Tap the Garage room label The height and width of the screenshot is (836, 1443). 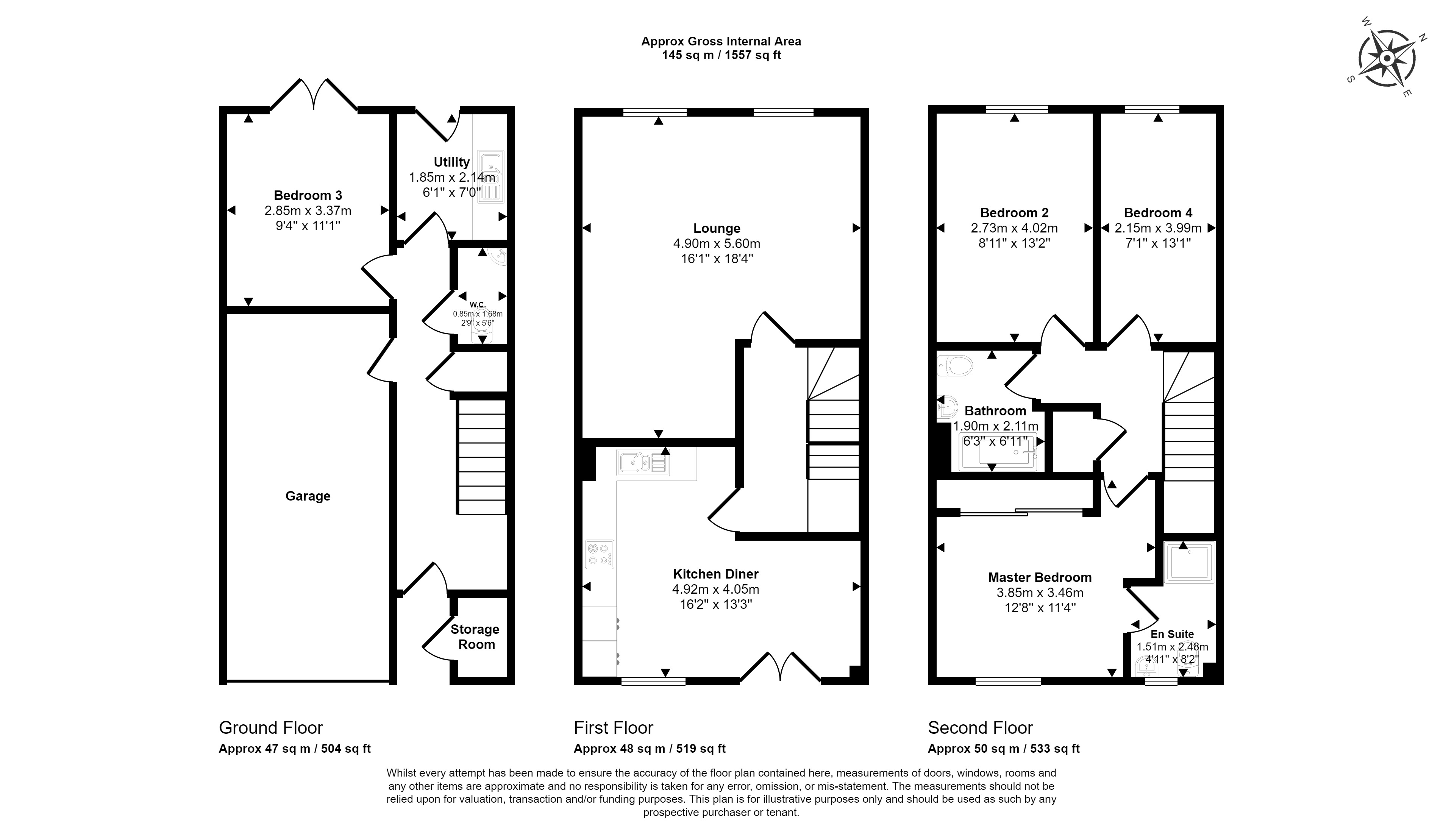308,496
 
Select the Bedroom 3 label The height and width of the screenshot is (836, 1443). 308,195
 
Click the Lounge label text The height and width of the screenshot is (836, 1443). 717,228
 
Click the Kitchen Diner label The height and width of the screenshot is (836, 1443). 716,574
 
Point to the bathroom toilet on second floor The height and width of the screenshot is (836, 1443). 954,365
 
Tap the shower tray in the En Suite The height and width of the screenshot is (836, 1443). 1189,562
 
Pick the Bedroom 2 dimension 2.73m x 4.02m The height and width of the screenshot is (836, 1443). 1014,228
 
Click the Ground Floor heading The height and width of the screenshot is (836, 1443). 271,728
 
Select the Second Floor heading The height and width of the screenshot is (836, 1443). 980,728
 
